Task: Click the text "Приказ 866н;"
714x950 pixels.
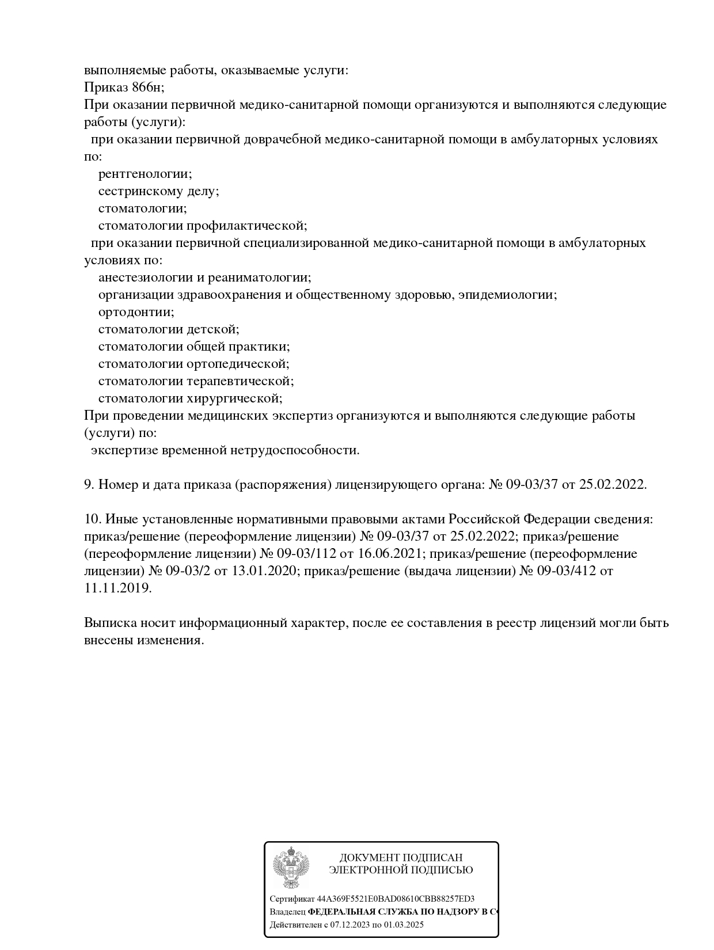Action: pyautogui.click(x=124, y=88)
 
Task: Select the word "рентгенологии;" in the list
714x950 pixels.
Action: pyautogui.click(x=145, y=174)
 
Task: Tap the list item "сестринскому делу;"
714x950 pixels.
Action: pyautogui.click(x=158, y=191)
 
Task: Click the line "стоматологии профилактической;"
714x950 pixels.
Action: pyautogui.click(x=203, y=226)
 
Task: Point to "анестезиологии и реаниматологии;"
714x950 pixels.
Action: pyautogui.click(x=204, y=278)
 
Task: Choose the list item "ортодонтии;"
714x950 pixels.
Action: pyautogui.click(x=136, y=312)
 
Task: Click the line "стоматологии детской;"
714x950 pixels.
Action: pyautogui.click(x=168, y=329)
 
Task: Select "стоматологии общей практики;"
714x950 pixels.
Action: pyautogui.click(x=194, y=347)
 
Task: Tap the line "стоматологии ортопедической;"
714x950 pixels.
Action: pyautogui.click(x=193, y=364)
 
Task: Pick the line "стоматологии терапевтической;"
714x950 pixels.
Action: pyautogui.click(x=196, y=381)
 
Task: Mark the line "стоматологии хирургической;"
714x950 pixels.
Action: pyautogui.click(x=190, y=398)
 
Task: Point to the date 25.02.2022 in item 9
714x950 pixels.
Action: pyautogui.click(x=613, y=485)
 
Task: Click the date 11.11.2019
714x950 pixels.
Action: pyautogui.click(x=118, y=588)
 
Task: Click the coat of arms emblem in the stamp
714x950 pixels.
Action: pyautogui.click(x=291, y=867)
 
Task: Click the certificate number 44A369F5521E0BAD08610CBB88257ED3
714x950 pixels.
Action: pyautogui.click(x=396, y=899)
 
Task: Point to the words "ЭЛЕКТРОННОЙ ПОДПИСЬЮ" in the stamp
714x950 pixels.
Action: pyautogui.click(x=401, y=870)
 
